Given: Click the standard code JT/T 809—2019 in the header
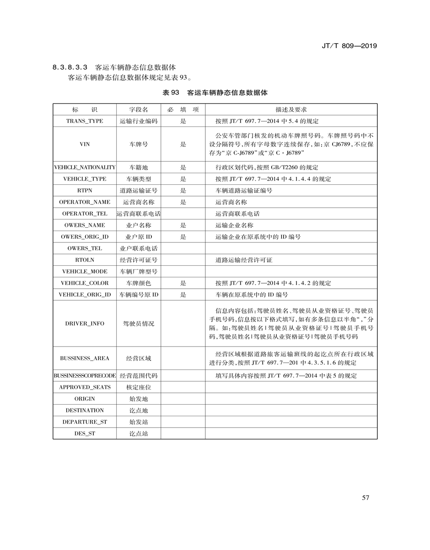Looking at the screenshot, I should click(349, 46).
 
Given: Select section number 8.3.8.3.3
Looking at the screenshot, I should click(70, 67).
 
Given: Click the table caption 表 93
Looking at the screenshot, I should click(171, 93).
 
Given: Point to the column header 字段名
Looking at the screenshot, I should click(138, 110).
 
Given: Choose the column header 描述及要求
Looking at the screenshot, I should click(291, 110).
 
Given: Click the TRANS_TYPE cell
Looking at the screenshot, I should click(85, 121).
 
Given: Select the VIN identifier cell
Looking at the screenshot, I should click(85, 144).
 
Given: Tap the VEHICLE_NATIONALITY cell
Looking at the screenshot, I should click(85, 167).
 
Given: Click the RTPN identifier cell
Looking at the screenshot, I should click(85, 190).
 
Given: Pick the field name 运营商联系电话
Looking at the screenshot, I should click(138, 214).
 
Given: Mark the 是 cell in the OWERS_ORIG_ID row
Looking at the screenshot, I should click(183, 236).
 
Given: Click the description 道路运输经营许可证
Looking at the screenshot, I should click(244, 260).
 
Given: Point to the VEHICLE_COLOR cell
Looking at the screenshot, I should click(85, 283).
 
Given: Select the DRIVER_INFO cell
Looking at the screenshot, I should click(85, 324).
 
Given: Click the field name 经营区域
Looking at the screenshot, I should click(138, 358).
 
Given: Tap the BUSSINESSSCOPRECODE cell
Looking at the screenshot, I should click(85, 376).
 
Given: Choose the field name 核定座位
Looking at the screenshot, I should click(138, 387).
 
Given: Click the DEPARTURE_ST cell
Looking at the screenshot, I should click(85, 422).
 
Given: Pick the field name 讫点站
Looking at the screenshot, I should click(138, 434).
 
